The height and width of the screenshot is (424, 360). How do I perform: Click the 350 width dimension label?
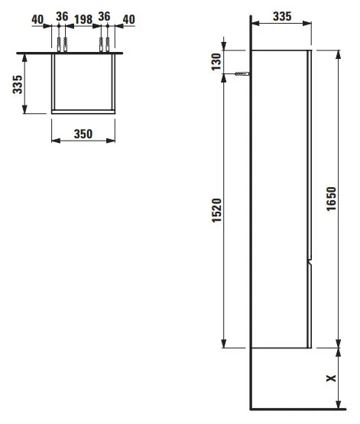pyautogui.click(x=83, y=134)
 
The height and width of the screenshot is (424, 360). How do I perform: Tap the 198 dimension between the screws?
pyautogui.click(x=83, y=19)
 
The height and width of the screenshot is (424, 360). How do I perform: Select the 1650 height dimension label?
pyautogui.click(x=331, y=199)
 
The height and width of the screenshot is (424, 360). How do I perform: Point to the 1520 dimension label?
pyautogui.click(x=216, y=210)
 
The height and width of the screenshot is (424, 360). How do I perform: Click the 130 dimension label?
pyautogui.click(x=216, y=62)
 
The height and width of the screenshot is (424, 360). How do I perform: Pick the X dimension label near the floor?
pyautogui.click(x=331, y=378)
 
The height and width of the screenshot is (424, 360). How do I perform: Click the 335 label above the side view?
pyautogui.click(x=282, y=17)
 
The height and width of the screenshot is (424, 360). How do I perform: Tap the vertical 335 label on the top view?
pyautogui.click(x=18, y=84)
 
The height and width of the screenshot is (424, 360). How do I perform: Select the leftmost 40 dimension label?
pyautogui.click(x=37, y=19)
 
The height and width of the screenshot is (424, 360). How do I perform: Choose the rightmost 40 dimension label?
pyautogui.click(x=128, y=19)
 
